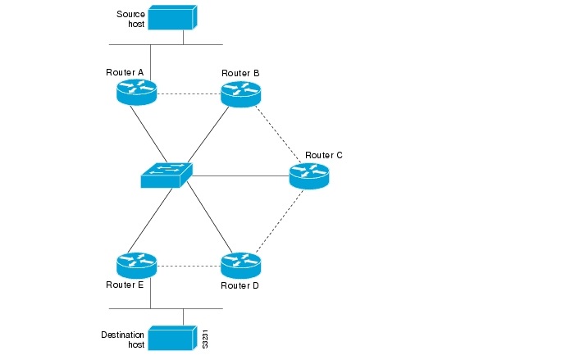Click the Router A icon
pos(136,92)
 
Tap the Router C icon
pos(308,176)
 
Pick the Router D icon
pos(240,264)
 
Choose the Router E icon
pos(136,264)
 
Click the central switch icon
pos(166,175)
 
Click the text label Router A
pos(125,72)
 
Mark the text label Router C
pos(324,155)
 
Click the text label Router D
pos(240,286)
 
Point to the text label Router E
pos(125,285)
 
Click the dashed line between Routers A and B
pos(189,93)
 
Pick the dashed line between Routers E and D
pos(189,265)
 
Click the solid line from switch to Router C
pos(240,175)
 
